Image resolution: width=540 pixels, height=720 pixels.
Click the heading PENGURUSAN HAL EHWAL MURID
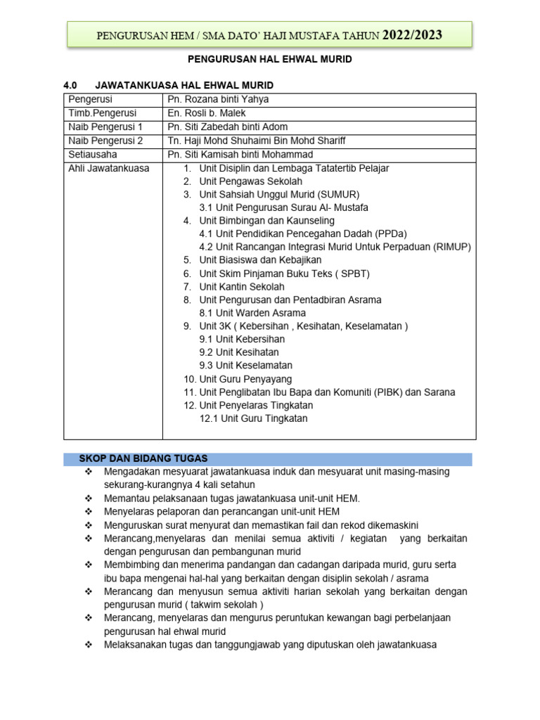click(271, 60)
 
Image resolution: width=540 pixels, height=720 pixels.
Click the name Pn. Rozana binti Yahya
click(218, 100)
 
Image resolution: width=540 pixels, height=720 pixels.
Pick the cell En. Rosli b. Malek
click(207, 113)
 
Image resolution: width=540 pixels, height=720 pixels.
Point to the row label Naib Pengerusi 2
click(105, 141)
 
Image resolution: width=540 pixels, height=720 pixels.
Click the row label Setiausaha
click(93, 155)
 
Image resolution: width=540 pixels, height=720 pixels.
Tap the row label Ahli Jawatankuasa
click(108, 168)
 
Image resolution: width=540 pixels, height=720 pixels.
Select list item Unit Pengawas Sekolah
click(250, 181)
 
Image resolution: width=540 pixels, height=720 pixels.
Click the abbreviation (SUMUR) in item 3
click(338, 195)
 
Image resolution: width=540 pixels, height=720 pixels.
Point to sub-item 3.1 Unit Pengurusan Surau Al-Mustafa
click(283, 208)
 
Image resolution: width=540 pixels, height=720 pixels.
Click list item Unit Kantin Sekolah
click(242, 287)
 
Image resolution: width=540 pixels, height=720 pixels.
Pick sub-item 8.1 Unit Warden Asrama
click(252, 313)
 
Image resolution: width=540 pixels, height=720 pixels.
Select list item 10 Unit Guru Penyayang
click(238, 379)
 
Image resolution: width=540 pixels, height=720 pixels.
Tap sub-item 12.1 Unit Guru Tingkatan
click(253, 418)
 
